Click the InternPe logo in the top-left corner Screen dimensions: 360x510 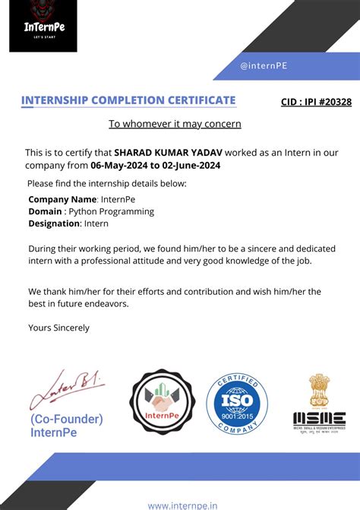click(43, 26)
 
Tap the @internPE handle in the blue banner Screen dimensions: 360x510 click(264, 66)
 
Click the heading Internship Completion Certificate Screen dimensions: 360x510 click(128, 100)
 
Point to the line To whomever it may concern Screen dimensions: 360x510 click(175, 124)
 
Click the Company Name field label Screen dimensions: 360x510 click(62, 199)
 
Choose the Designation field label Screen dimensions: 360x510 click(54, 223)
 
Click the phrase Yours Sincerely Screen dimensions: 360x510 click(58, 328)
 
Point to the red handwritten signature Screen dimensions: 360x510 click(67, 388)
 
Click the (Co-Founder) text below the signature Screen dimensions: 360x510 click(67, 419)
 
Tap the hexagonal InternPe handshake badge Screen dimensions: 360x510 click(160, 401)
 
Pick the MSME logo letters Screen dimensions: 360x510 click(319, 418)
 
